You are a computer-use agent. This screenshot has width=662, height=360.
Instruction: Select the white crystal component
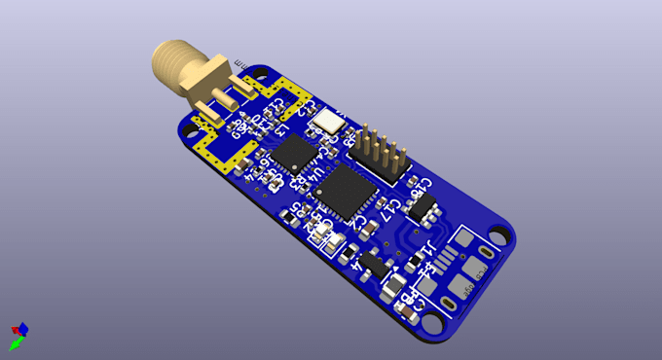click(327, 121)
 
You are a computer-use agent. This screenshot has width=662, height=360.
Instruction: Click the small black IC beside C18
click(424, 206)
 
